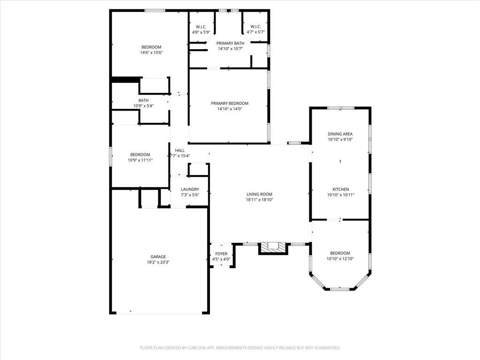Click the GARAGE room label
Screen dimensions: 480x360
(x=158, y=257)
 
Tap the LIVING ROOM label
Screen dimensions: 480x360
(x=259, y=194)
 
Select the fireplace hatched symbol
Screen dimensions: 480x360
(x=273, y=247)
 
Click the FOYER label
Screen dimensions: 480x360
(x=221, y=254)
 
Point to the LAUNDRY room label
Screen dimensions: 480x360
(x=190, y=189)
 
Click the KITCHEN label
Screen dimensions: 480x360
(x=341, y=189)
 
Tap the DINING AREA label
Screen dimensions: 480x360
(x=340, y=134)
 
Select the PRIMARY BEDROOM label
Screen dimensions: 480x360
(x=230, y=104)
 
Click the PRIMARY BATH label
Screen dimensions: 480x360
(x=230, y=44)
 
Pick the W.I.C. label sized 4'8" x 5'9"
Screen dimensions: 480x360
(x=201, y=27)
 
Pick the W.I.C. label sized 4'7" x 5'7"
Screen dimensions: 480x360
(x=255, y=27)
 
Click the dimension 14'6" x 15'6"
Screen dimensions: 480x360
(x=151, y=52)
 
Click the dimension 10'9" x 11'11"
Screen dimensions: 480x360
(x=140, y=160)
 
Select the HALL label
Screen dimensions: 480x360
(x=180, y=150)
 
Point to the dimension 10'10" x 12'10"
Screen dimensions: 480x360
(x=340, y=259)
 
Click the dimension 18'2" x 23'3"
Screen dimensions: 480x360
(x=158, y=262)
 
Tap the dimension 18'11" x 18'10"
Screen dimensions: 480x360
(x=259, y=200)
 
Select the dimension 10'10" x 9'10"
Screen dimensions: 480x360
(x=340, y=140)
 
